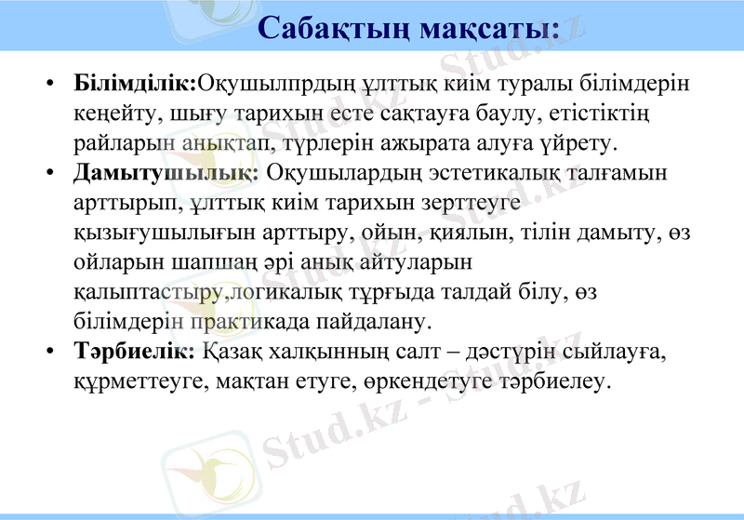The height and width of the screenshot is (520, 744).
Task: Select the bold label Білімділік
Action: [135, 86]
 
